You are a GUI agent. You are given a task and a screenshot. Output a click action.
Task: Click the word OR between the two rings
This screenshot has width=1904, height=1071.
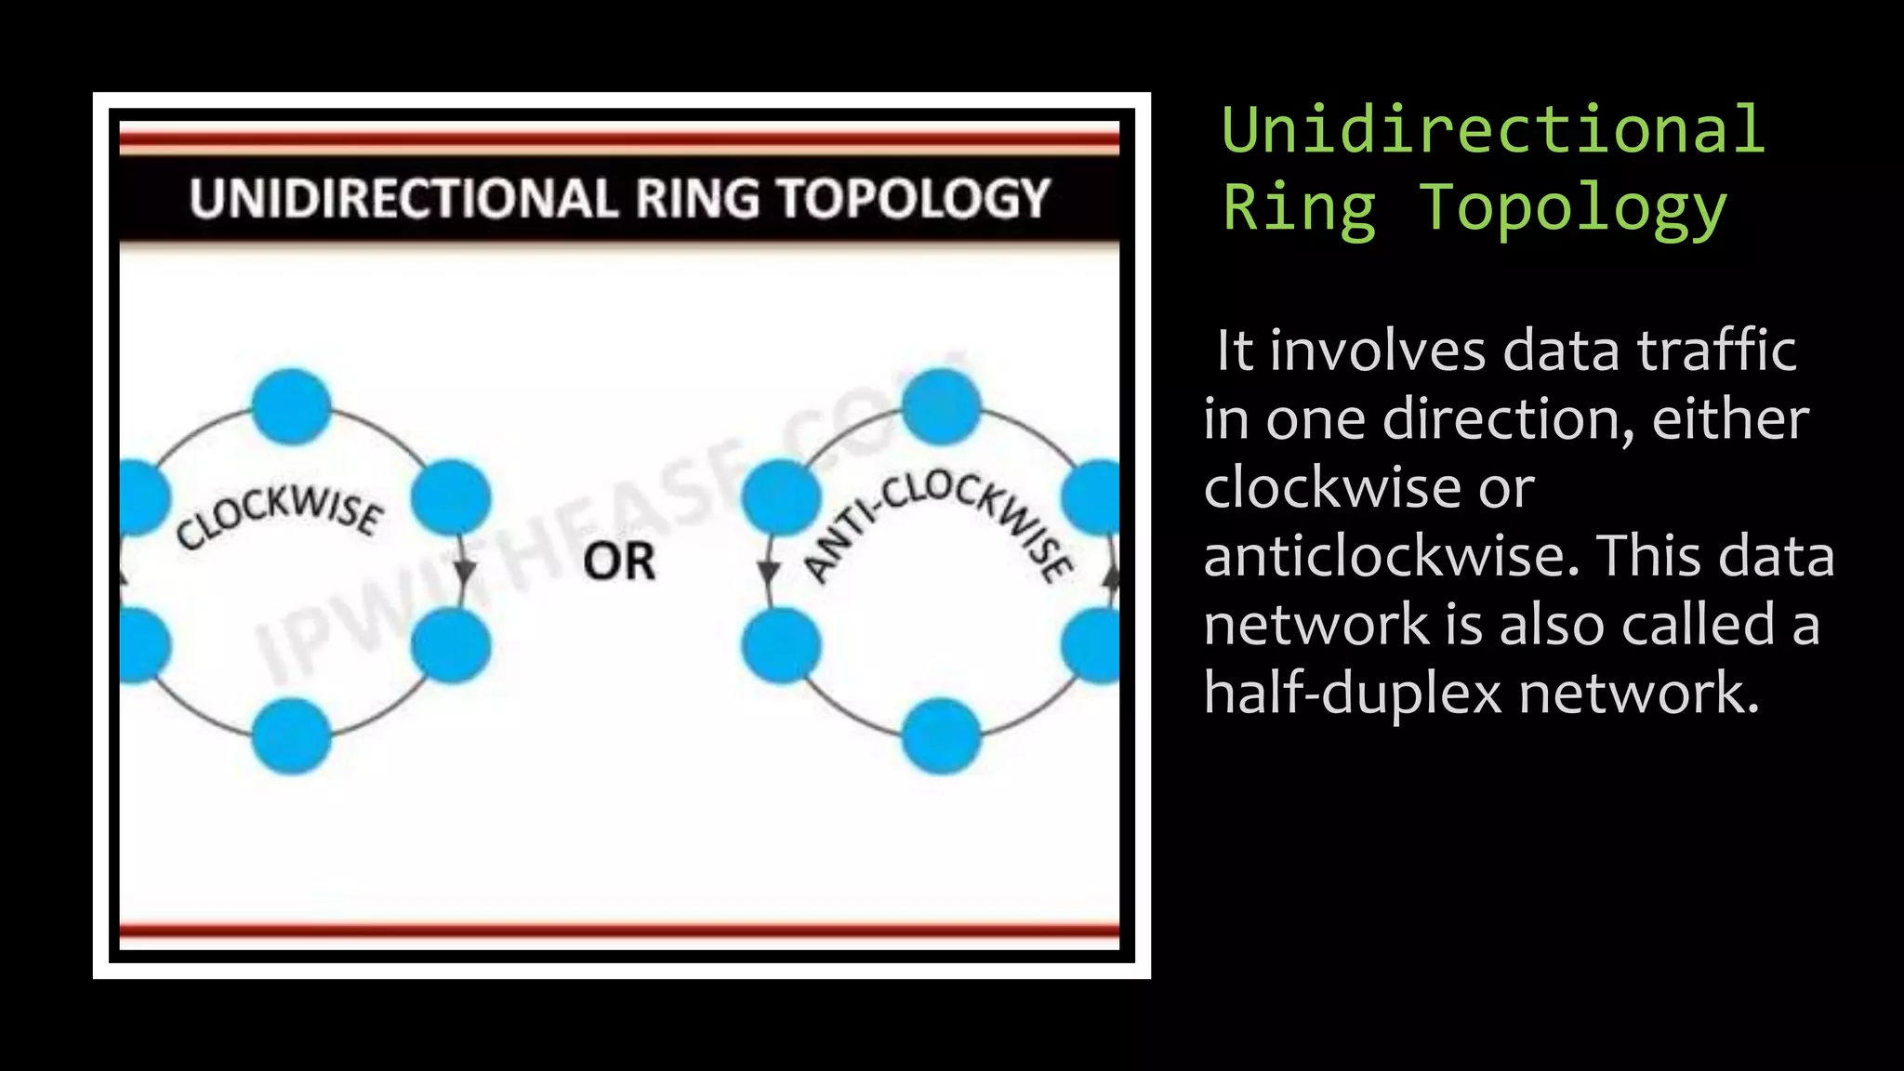pyautogui.click(x=619, y=562)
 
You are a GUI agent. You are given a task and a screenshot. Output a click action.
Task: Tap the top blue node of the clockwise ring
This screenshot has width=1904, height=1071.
pyautogui.click(x=292, y=406)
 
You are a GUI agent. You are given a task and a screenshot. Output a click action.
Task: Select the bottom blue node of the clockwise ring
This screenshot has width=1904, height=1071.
pyautogui.click(x=292, y=735)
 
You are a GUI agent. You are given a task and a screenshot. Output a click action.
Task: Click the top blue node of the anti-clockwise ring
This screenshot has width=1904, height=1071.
pyautogui.click(x=941, y=406)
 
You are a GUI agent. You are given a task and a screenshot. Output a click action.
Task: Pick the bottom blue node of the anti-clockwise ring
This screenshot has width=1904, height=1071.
pyautogui.click(x=941, y=735)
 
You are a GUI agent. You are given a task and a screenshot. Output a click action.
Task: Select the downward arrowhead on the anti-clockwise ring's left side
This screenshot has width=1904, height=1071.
pyautogui.click(x=769, y=570)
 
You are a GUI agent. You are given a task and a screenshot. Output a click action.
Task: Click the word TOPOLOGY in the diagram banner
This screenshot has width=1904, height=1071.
pyautogui.click(x=914, y=199)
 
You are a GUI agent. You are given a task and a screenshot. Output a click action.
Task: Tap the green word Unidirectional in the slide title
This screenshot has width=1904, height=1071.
pyautogui.click(x=1493, y=130)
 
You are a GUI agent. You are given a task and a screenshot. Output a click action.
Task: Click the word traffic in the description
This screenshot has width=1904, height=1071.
pyautogui.click(x=1716, y=351)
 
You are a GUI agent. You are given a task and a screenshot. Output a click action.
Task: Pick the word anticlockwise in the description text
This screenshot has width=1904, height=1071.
pyautogui.click(x=1391, y=556)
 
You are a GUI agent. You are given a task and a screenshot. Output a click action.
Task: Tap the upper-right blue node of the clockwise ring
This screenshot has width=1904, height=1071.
pyautogui.click(x=451, y=497)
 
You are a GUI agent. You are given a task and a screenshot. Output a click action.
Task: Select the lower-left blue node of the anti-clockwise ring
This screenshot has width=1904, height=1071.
pyautogui.click(x=781, y=644)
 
